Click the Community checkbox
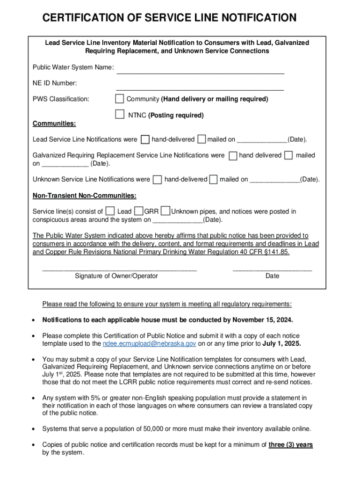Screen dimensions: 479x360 pyautogui.click(x=120, y=99)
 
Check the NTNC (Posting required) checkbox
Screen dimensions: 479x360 pyautogui.click(x=120, y=115)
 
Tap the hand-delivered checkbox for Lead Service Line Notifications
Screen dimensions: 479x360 pyautogui.click(x=145, y=139)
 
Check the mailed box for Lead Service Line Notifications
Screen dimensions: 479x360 pyautogui.click(x=202, y=139)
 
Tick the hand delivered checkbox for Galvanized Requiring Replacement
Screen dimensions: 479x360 pyautogui.click(x=233, y=156)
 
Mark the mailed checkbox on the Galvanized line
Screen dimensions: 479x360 pyautogui.click(x=288, y=155)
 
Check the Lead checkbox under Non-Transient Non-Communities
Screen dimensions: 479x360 pyautogui.click(x=110, y=211)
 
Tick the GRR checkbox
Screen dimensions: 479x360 pyautogui.click(x=138, y=211)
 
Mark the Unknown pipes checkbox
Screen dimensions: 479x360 pyautogui.click(x=165, y=211)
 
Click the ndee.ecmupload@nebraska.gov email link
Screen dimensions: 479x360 pyautogui.click(x=149, y=344)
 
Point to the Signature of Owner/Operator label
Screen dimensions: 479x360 pyautogui.click(x=116, y=276)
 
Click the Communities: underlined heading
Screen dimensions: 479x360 pyautogui.click(x=54, y=123)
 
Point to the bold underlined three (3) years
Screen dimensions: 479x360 pyautogui.click(x=290, y=445)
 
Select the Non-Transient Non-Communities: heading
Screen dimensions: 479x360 pyautogui.click(x=85, y=196)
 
